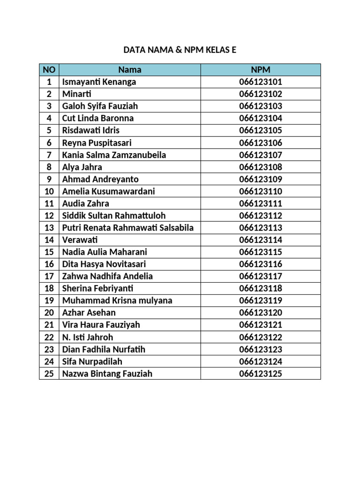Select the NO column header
point(49,70)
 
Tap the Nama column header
point(130,70)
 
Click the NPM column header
point(261,70)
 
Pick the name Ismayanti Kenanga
point(99,82)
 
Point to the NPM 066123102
point(261,94)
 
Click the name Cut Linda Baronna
point(97,118)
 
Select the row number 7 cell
point(49,155)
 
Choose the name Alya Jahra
point(82,167)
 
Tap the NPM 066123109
point(261,179)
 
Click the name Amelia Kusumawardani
point(108,191)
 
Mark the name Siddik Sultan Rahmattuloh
point(114,216)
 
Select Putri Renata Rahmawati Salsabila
point(128,228)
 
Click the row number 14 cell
point(49,240)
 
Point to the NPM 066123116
point(261,264)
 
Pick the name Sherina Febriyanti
point(101,289)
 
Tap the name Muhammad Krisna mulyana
point(117,300)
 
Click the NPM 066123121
point(261,325)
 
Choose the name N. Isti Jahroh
point(88,337)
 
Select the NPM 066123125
point(261,374)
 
